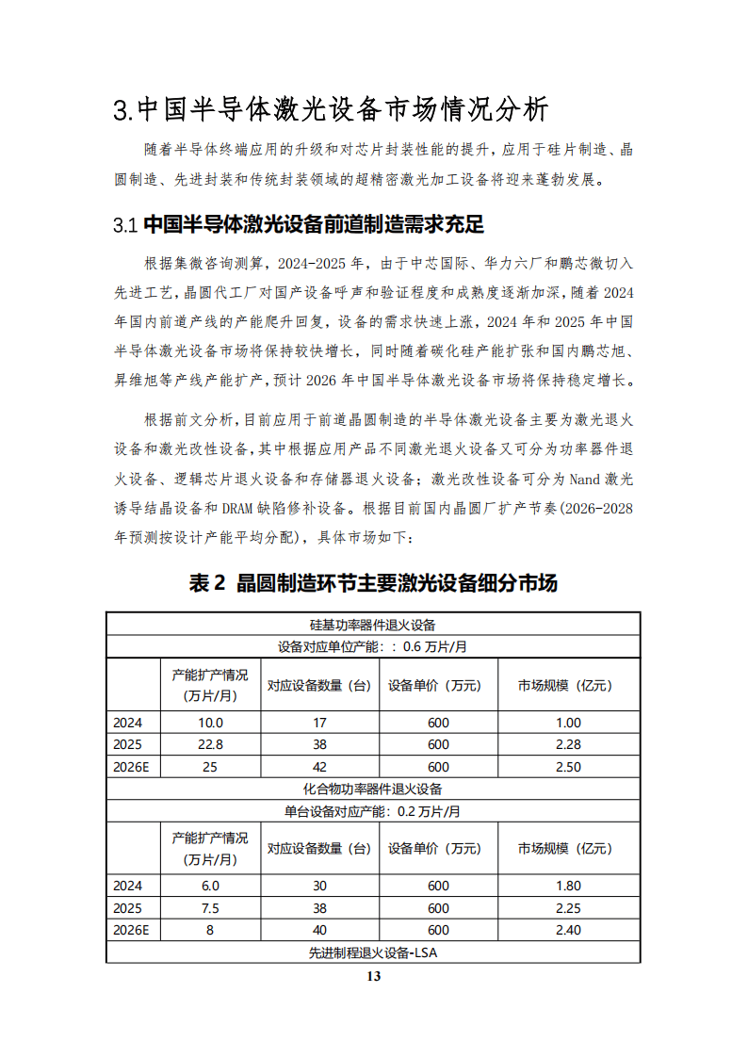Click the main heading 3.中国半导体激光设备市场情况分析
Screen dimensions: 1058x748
330,109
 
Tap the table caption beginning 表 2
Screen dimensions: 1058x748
373,583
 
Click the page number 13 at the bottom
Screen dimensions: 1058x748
373,976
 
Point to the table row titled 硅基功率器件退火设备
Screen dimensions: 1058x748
373,624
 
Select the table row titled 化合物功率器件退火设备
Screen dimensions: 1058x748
373,789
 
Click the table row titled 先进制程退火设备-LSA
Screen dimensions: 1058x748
373,952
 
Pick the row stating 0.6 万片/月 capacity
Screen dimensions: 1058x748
373,647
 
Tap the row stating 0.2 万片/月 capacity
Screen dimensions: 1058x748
373,811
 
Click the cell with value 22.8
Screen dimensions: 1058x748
210,744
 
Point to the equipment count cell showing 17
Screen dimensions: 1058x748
319,723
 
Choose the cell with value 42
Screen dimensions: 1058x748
319,767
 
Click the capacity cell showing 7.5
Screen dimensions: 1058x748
210,908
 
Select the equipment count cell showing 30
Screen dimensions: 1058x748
319,887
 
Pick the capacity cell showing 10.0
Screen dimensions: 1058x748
210,723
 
